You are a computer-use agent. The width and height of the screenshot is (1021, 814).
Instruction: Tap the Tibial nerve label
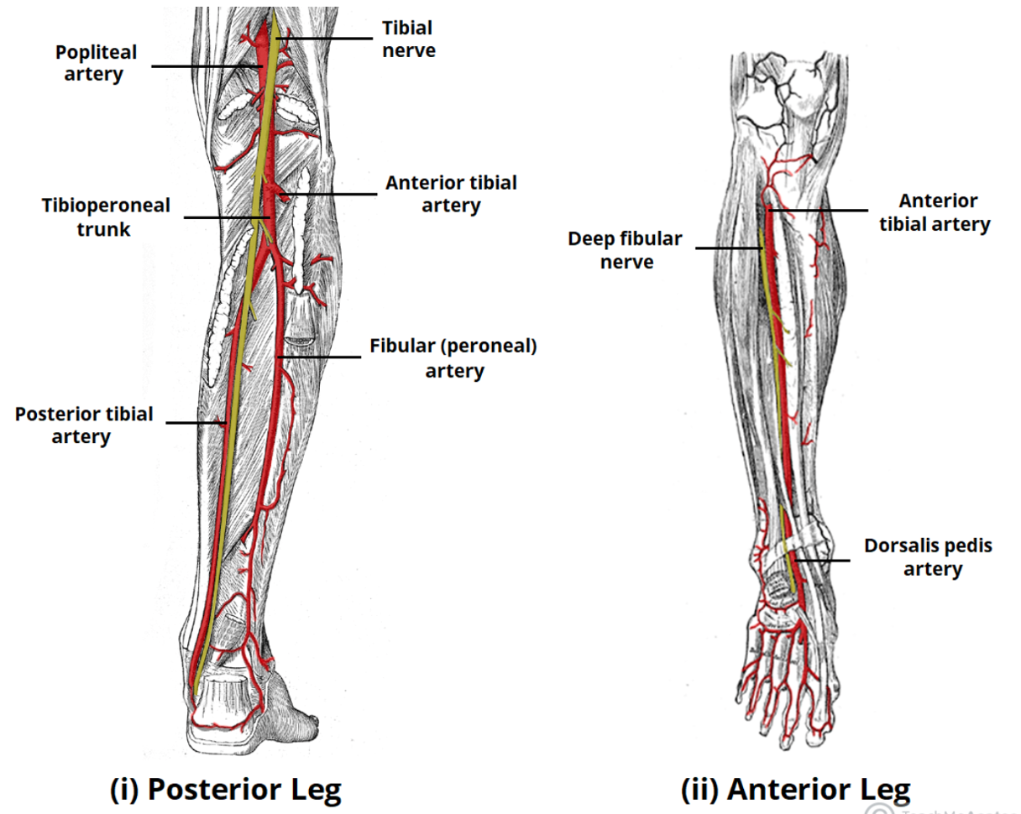[409, 39]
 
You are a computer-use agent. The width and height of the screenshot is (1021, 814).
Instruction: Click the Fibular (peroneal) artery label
[453, 358]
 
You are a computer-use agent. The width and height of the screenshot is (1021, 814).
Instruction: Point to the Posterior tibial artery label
[84, 425]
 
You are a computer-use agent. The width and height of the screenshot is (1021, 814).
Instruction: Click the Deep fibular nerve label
[625, 250]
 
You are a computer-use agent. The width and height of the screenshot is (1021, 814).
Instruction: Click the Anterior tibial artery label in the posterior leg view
[451, 194]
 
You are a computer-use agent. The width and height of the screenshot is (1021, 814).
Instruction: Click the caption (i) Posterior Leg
[227, 789]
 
